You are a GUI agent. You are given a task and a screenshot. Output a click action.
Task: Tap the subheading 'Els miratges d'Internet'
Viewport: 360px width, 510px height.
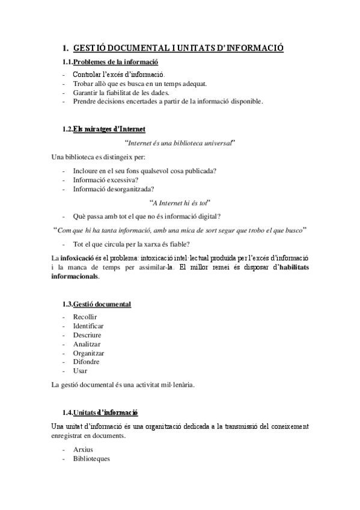[109, 129]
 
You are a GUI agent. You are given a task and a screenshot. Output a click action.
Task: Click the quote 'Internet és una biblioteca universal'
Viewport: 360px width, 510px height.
[178, 143]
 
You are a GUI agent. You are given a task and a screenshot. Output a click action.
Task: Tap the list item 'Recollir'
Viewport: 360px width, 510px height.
[85, 317]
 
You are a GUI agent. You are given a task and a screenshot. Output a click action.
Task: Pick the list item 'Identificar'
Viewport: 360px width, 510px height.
[88, 326]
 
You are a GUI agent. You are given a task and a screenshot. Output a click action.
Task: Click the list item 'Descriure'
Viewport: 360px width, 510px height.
[87, 335]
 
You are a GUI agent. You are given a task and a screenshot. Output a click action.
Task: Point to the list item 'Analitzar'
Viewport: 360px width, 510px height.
[87, 344]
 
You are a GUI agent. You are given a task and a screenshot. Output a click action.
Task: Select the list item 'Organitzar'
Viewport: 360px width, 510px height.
[88, 353]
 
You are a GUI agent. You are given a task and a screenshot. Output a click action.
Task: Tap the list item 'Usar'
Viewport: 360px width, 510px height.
[80, 371]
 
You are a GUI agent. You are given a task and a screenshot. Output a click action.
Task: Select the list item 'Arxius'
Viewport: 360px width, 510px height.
[83, 449]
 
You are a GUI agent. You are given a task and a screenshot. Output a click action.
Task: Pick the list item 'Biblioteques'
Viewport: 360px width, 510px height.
[91, 458]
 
